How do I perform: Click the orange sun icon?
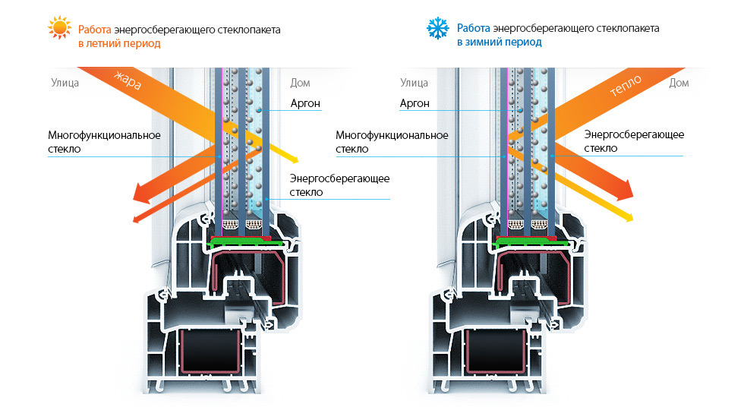[x=60, y=27]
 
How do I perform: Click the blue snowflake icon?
[x=437, y=28]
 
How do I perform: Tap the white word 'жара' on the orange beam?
[x=128, y=80]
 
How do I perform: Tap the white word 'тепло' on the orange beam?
[x=626, y=85]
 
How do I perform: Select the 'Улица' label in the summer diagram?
[x=65, y=83]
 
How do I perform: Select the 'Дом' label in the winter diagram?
[x=679, y=83]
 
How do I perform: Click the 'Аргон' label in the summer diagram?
[x=305, y=103]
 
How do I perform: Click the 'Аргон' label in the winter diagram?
[x=415, y=103]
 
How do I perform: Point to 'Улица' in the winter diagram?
[x=415, y=83]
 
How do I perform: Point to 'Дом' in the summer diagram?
[x=301, y=83]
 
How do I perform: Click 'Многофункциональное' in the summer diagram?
[x=105, y=136]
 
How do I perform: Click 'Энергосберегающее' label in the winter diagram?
[x=634, y=134]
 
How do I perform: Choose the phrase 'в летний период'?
[x=120, y=43]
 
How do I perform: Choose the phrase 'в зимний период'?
[x=500, y=43]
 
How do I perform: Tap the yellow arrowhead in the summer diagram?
[x=293, y=159]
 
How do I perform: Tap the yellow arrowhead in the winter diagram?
[x=628, y=216]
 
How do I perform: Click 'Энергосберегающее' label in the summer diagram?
[x=340, y=179]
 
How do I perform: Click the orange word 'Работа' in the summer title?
[x=95, y=30]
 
